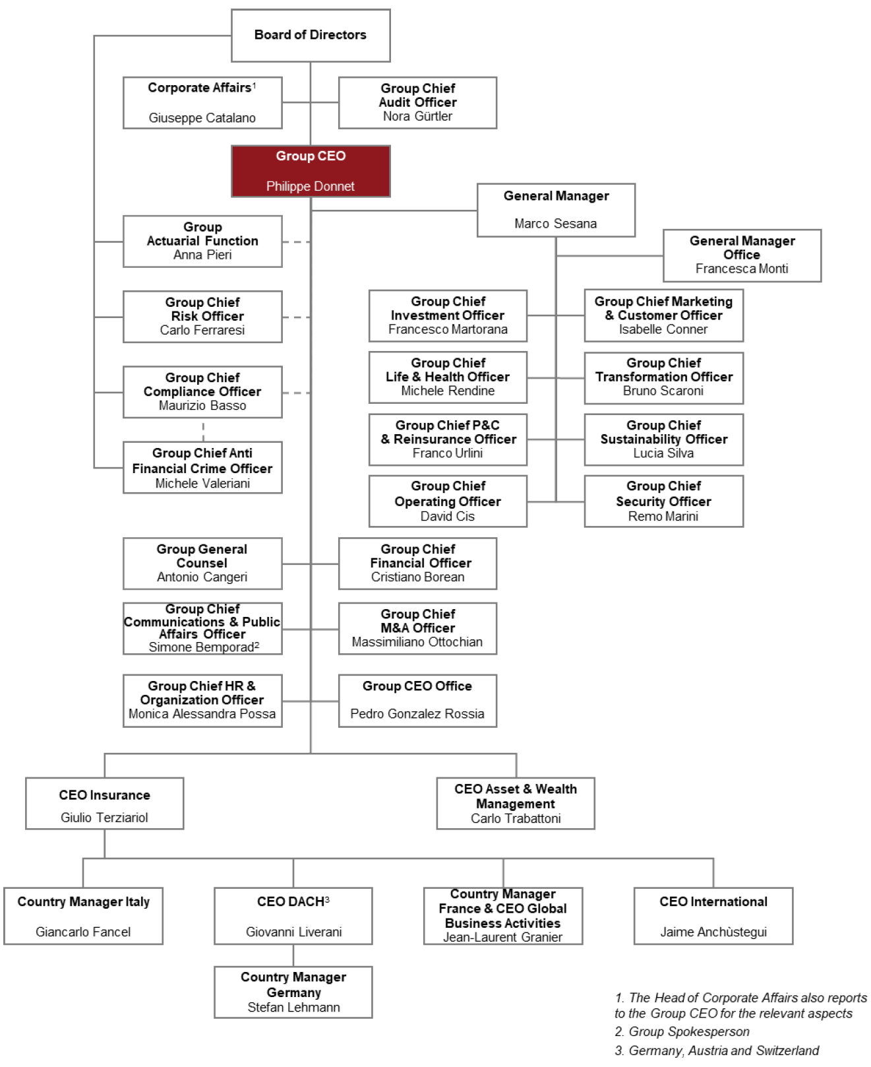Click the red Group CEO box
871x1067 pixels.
tap(311, 171)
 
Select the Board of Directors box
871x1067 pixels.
tap(311, 35)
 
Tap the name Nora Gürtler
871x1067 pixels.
tap(417, 116)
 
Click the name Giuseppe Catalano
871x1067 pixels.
tap(202, 118)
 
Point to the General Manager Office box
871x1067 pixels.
tap(742, 255)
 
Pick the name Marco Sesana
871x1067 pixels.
tap(555, 224)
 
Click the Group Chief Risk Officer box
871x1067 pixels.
tap(202, 316)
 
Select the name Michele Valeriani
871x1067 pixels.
tap(202, 484)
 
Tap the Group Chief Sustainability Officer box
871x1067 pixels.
tap(663, 439)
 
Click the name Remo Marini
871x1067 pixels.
tap(663, 517)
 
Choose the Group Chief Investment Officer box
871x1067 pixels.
tap(448, 315)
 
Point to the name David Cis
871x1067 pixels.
tap(447, 517)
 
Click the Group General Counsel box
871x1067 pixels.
tap(202, 563)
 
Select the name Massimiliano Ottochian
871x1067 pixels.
tap(417, 642)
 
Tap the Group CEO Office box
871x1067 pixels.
tap(417, 700)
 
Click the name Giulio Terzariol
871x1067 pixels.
tap(104, 818)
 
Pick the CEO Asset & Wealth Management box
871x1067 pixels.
tap(516, 803)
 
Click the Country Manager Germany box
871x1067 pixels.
tap(293, 992)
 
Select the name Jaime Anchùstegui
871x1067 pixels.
tap(713, 932)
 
